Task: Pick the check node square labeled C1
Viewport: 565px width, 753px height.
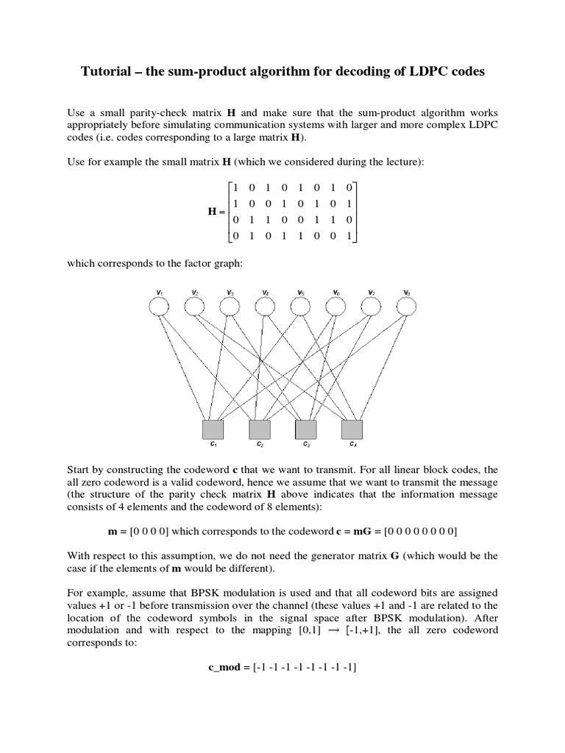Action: point(213,429)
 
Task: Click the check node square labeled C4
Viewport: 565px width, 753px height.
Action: point(352,429)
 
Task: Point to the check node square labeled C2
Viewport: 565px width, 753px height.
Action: point(260,429)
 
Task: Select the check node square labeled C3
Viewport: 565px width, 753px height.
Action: point(306,429)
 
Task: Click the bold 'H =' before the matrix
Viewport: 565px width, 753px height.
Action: point(217,211)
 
